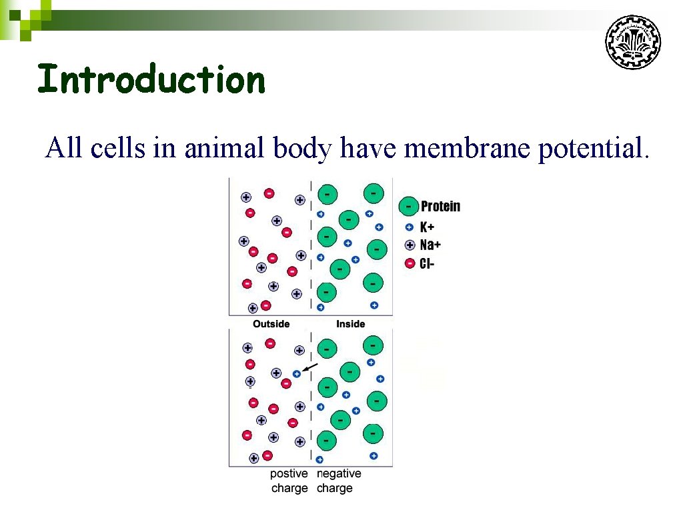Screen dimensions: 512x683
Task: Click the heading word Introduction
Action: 151,79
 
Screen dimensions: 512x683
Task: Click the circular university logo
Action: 633,43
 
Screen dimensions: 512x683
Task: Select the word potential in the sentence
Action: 592,148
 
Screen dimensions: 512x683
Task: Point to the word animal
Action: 225,148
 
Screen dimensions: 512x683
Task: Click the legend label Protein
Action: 440,207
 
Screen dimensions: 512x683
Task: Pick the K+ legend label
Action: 428,227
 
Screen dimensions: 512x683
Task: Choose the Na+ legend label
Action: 430,245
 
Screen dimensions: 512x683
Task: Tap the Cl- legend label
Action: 427,263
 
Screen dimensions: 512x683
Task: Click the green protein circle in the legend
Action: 408,207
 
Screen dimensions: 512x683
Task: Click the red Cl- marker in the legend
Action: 410,263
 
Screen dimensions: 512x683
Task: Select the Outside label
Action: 271,324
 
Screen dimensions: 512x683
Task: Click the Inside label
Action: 350,324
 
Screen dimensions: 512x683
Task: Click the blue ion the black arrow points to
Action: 297,375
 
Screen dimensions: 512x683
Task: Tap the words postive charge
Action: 289,481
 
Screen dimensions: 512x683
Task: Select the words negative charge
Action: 338,481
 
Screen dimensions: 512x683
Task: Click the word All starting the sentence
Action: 63,148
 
